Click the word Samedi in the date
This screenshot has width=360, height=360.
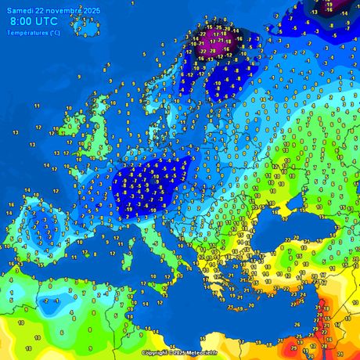point(21,10)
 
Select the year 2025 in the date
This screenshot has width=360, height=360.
point(92,10)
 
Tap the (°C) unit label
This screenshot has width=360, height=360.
point(54,32)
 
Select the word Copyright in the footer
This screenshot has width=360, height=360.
point(155,354)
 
